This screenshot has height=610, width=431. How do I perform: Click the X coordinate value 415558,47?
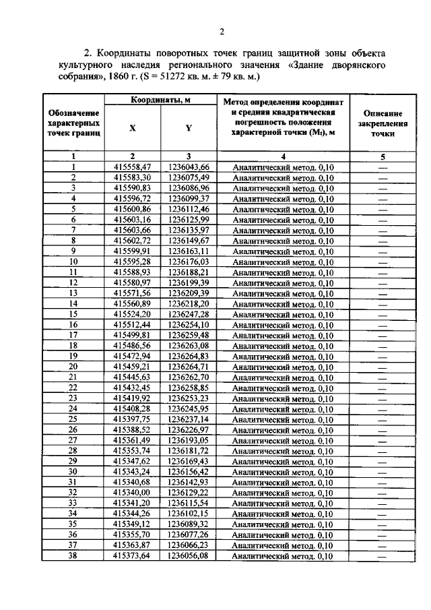click(x=133, y=166)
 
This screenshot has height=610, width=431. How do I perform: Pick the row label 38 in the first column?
click(x=73, y=555)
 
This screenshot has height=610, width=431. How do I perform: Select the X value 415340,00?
click(x=133, y=492)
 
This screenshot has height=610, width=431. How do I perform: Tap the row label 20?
click(x=73, y=366)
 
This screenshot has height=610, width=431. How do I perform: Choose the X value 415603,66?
click(x=133, y=229)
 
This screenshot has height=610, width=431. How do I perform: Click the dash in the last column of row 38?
click(x=383, y=556)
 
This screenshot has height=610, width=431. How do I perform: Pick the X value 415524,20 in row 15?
click(x=133, y=314)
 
